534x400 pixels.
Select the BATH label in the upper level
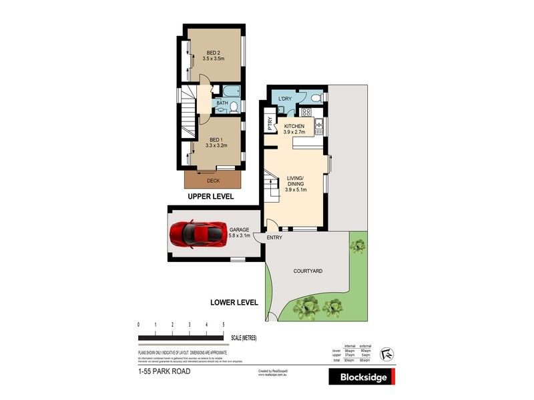click(x=222, y=103)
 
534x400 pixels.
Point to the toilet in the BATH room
click(x=235, y=107)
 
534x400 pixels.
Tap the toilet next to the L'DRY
click(x=318, y=98)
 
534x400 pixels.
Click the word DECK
click(x=213, y=181)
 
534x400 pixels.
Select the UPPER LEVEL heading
click(x=210, y=197)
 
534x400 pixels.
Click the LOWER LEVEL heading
click(x=234, y=302)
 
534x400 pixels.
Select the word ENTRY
click(x=274, y=238)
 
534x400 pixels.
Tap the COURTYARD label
click(x=308, y=271)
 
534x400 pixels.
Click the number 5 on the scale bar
click(x=223, y=325)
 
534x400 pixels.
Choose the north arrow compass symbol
click(x=385, y=353)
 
